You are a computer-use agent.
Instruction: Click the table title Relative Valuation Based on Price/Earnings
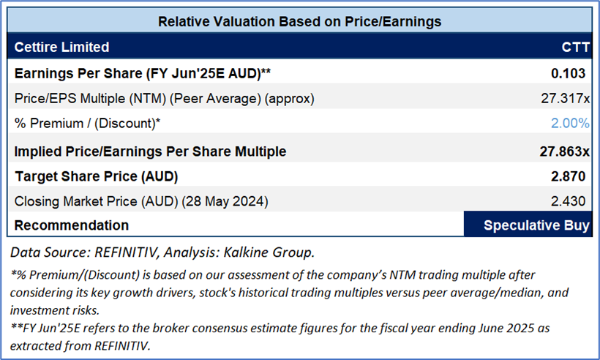(x=300, y=21)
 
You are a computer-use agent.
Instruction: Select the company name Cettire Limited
(x=61, y=48)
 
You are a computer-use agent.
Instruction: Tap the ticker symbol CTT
(x=574, y=48)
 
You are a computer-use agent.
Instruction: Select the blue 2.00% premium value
(x=570, y=123)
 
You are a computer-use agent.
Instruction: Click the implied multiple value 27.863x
(x=564, y=151)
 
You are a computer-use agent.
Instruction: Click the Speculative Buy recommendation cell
(x=528, y=225)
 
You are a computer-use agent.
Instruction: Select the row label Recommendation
(x=72, y=225)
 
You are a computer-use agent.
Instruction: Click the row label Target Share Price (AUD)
(x=96, y=176)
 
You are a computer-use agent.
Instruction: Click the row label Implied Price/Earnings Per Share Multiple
(x=150, y=151)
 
